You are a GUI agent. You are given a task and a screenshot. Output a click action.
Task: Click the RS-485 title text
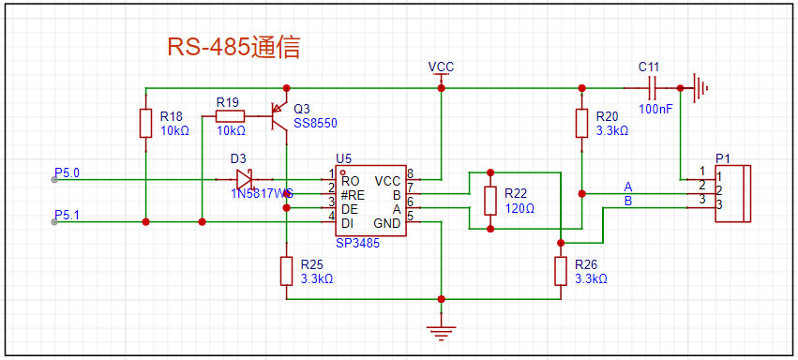pyautogui.click(x=233, y=48)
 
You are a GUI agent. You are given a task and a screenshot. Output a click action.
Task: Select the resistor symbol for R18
pyautogui.click(x=146, y=123)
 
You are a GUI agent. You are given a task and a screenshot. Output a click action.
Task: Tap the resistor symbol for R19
pyautogui.click(x=230, y=116)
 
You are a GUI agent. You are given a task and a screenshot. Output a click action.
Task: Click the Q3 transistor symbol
pyautogui.click(x=279, y=116)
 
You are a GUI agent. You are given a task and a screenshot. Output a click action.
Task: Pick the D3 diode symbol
pyautogui.click(x=245, y=179)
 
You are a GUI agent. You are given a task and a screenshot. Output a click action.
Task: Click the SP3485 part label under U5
pyautogui.click(x=358, y=243)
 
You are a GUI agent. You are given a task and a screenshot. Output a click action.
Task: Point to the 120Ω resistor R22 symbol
pyautogui.click(x=490, y=201)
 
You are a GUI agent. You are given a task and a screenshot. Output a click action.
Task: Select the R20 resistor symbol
pyautogui.click(x=582, y=123)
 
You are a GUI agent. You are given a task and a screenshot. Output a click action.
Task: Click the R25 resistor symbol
pyautogui.click(x=287, y=271)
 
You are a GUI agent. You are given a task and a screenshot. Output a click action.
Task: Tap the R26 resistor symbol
pyautogui.click(x=561, y=271)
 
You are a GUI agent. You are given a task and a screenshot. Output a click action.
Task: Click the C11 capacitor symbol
pyautogui.click(x=652, y=88)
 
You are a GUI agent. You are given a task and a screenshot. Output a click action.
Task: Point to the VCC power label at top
pyautogui.click(x=441, y=67)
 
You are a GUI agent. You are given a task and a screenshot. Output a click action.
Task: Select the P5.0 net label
pyautogui.click(x=67, y=172)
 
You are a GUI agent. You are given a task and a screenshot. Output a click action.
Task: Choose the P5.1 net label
pyautogui.click(x=67, y=214)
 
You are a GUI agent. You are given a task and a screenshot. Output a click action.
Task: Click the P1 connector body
pyautogui.click(x=733, y=193)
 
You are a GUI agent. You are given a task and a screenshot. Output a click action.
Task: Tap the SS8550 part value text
pyautogui.click(x=315, y=123)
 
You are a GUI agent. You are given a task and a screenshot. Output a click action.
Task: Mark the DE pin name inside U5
pyautogui.click(x=350, y=209)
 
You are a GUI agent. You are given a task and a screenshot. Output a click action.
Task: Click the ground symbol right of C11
pyautogui.click(x=700, y=88)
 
